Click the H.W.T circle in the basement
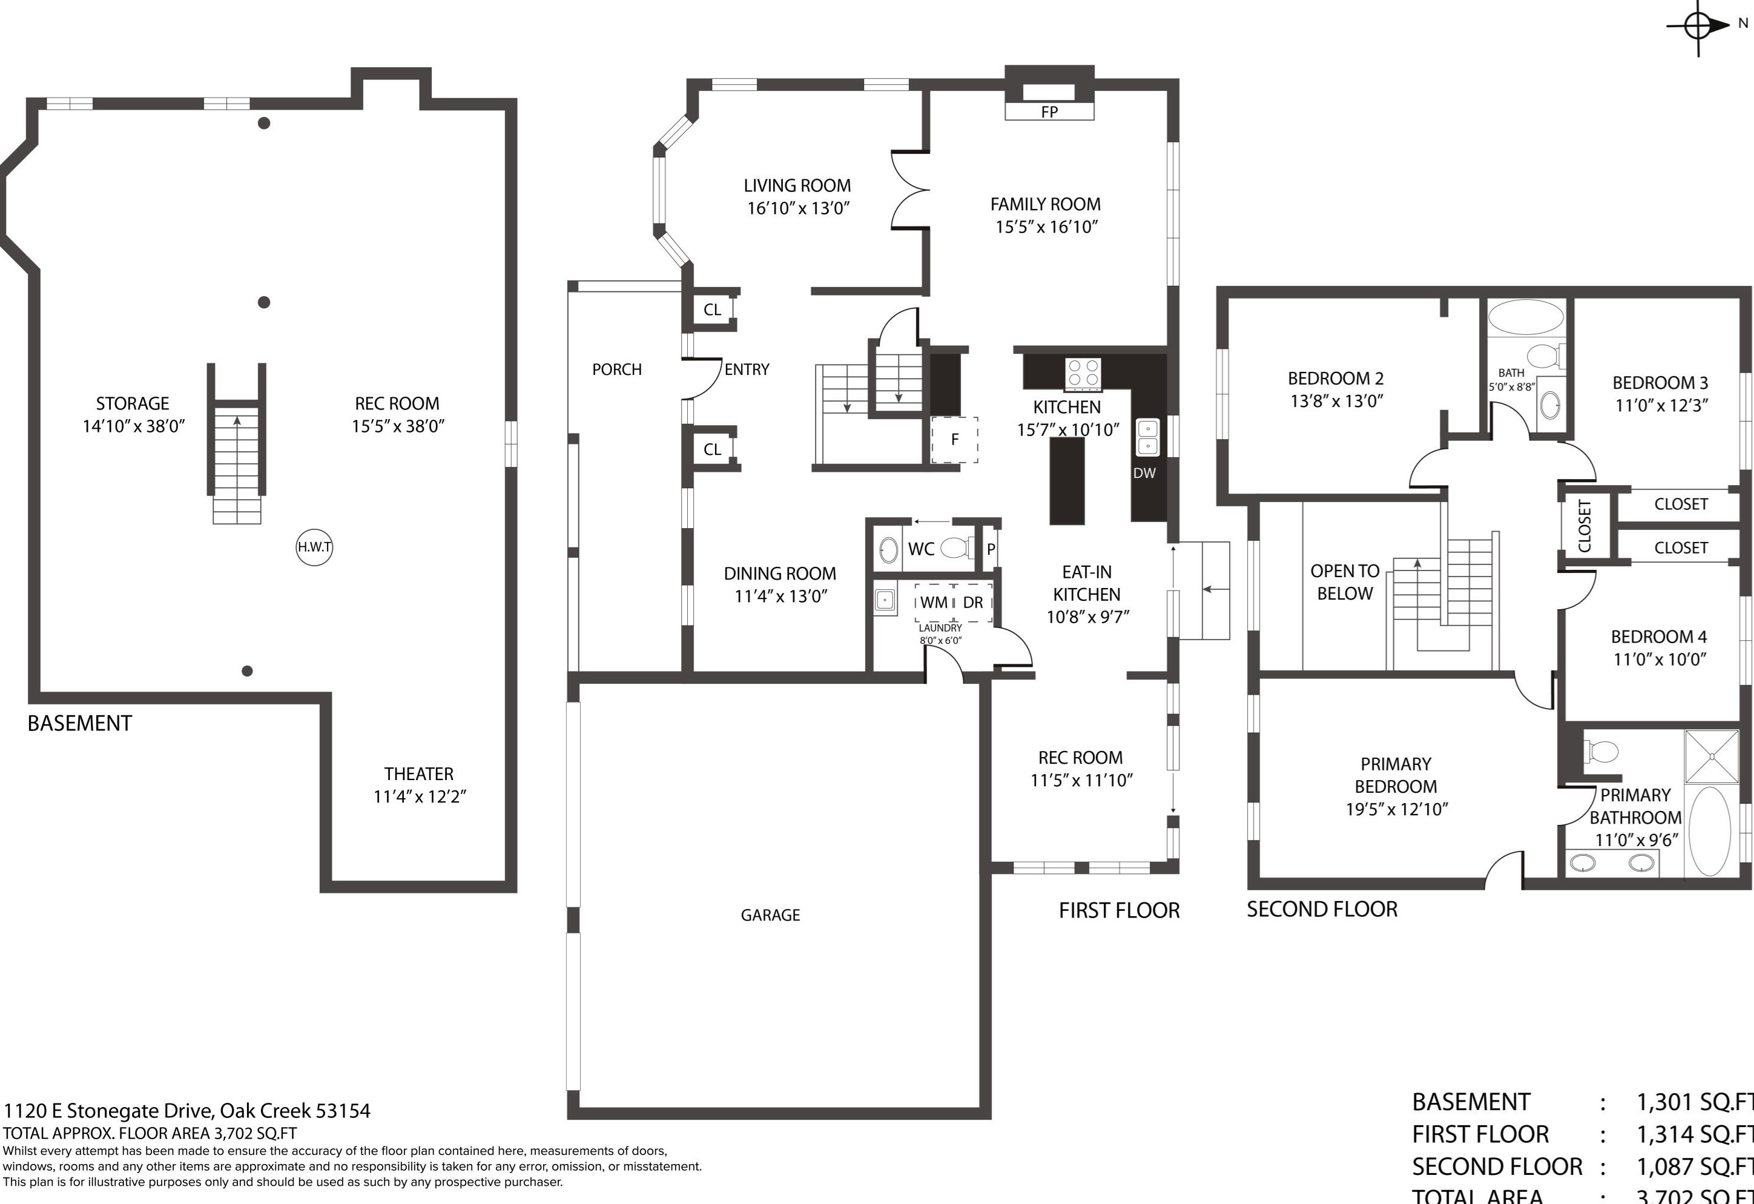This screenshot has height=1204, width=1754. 314,547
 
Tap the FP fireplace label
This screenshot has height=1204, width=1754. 1049,111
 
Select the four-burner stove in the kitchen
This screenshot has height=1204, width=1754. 1083,374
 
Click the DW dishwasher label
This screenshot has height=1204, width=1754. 1144,473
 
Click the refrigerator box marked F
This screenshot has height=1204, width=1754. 955,439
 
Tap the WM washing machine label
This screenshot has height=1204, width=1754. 934,603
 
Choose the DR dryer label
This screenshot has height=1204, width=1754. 973,603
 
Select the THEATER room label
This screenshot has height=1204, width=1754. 419,774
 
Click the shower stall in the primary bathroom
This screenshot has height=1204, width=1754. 1712,756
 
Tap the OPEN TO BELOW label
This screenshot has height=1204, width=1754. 1344,582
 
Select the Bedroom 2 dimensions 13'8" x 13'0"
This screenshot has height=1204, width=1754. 1336,401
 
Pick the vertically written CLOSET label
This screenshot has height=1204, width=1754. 1584,526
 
